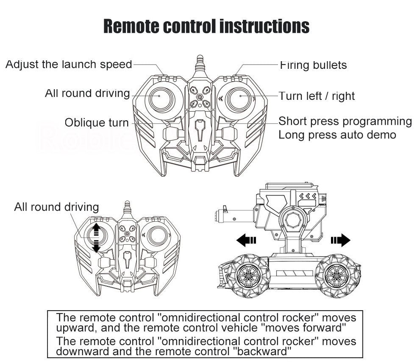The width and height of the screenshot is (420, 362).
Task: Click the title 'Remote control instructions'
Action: pyautogui.click(x=206, y=26)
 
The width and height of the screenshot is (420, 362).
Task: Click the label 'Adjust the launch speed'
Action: pyautogui.click(x=69, y=65)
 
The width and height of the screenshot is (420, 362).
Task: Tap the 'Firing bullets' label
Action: pyautogui.click(x=313, y=65)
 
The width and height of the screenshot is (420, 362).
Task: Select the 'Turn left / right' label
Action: pyautogui.click(x=317, y=96)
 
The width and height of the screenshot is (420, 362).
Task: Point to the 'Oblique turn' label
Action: pyautogui.click(x=96, y=123)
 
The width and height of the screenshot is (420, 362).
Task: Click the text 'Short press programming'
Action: pyautogui.click(x=345, y=122)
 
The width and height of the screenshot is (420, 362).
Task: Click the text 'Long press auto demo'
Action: pyautogui.click(x=337, y=135)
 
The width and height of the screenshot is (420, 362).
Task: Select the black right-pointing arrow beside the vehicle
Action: pyautogui.click(x=341, y=240)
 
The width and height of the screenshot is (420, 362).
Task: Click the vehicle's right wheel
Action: pyautogui.click(x=338, y=275)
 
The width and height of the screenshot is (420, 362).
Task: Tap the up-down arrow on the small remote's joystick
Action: pyautogui.click(x=96, y=238)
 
